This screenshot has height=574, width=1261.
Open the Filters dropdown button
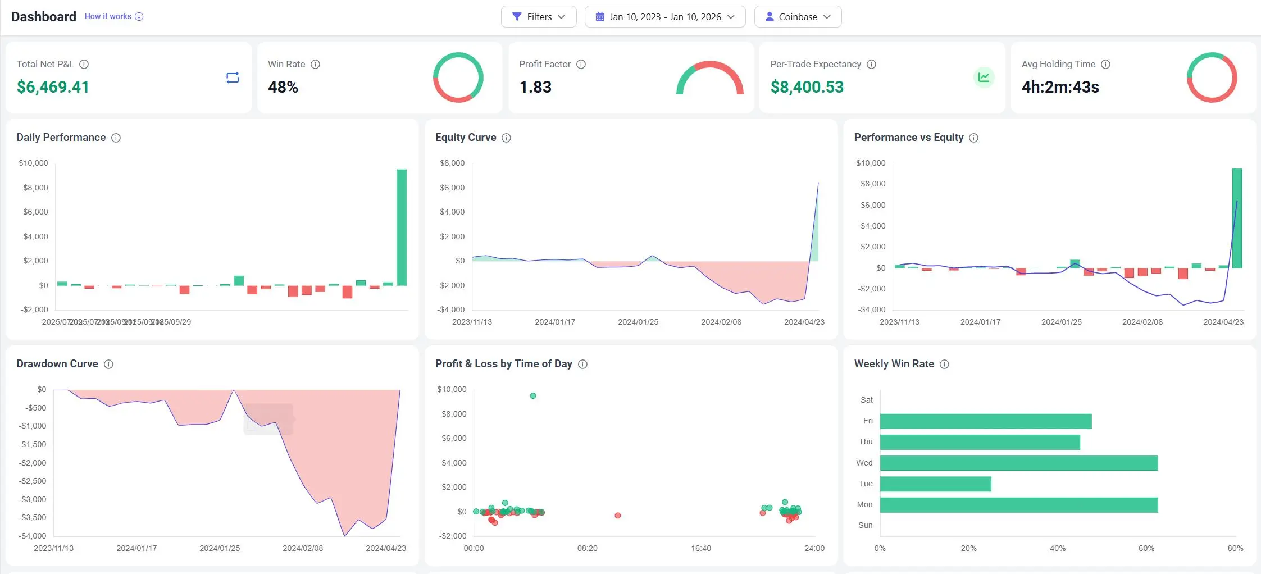point(538,17)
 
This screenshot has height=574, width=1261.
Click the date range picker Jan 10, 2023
point(664,17)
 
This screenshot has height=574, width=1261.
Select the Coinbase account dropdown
point(797,17)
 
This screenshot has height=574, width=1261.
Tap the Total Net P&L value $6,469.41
point(53,87)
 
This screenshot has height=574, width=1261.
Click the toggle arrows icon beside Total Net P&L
point(233,78)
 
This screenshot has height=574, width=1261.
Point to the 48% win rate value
point(283,87)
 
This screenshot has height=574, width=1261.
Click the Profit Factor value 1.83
point(535,87)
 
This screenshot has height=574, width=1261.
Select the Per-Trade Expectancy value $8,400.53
point(807,87)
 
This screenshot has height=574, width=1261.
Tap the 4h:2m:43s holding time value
point(1060,87)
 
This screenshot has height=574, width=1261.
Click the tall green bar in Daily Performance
point(402,227)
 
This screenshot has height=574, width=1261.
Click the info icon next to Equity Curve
point(506,138)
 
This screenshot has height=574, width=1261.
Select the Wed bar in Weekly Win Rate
point(1018,463)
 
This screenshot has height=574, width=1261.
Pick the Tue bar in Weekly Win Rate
point(935,484)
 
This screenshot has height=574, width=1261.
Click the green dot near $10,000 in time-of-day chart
point(533,396)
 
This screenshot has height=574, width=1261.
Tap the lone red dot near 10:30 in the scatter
point(617,515)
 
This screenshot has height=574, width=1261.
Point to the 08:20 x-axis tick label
point(587,548)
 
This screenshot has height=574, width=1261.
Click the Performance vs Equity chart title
point(908,138)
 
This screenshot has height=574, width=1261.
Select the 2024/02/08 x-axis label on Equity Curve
point(721,322)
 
